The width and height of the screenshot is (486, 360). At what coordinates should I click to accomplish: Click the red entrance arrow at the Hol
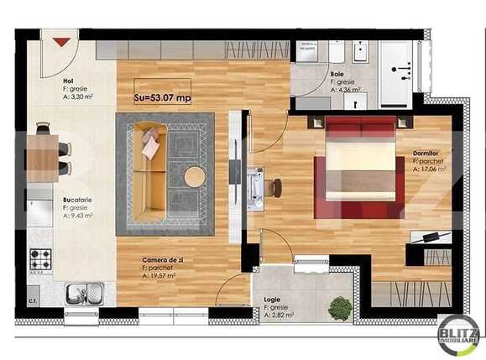coord(61,40)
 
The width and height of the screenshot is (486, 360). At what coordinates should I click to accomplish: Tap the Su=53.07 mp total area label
coord(162,98)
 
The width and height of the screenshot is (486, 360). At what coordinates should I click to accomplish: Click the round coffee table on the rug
coord(195,176)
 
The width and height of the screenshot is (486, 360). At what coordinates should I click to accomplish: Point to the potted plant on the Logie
coord(340,308)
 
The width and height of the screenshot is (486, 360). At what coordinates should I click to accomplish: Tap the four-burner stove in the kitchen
coord(40,262)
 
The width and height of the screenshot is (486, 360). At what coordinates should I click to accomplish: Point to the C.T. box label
coord(33,300)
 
